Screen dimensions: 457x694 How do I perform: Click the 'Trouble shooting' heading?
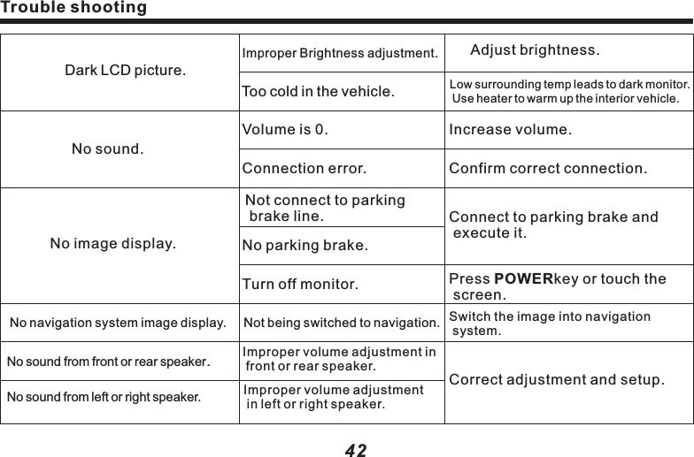(x=73, y=9)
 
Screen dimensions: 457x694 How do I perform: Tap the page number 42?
(x=355, y=450)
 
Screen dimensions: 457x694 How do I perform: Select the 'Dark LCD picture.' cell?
(x=125, y=70)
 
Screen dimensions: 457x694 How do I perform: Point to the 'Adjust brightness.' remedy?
(x=535, y=48)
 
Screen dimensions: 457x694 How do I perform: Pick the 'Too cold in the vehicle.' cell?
(x=319, y=91)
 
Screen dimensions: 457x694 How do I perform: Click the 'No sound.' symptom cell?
(x=107, y=149)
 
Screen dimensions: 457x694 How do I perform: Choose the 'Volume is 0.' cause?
(x=284, y=131)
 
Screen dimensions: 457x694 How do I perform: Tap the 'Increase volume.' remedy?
(x=511, y=131)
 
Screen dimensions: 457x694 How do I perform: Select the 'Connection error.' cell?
(x=304, y=167)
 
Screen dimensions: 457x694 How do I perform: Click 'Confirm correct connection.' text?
(x=548, y=167)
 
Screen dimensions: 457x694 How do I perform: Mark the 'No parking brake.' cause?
(x=305, y=245)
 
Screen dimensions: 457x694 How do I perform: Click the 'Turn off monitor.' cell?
(x=300, y=285)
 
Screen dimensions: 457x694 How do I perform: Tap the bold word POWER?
(x=522, y=279)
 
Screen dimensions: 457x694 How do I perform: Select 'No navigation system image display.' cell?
(x=117, y=324)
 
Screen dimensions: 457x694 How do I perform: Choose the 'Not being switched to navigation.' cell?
(x=342, y=324)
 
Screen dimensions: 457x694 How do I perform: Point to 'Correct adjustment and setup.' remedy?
(x=556, y=380)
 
